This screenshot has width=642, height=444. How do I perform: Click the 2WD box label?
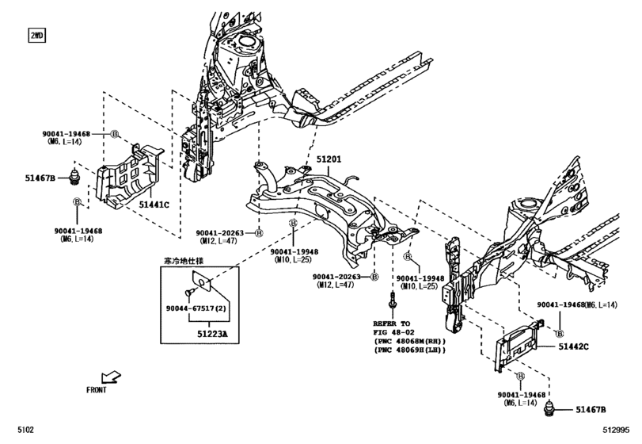pyautogui.click(x=37, y=36)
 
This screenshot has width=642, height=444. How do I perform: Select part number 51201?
pyautogui.click(x=329, y=159)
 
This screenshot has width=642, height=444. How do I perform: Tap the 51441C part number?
pyautogui.click(x=154, y=205)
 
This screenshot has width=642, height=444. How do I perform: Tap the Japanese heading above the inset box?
pyautogui.click(x=182, y=260)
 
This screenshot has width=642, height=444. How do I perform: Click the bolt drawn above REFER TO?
pyautogui.click(x=392, y=302)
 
